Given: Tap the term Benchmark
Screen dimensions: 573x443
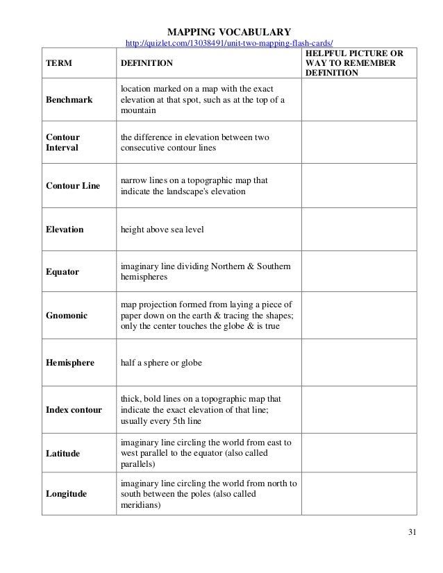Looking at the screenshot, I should tap(69, 100).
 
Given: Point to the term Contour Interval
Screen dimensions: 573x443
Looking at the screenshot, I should tap(62, 142).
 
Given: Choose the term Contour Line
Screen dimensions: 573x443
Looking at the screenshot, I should tap(72, 186).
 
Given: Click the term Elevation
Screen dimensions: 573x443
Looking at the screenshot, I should tap(64, 228).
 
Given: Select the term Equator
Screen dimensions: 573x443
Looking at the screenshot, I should tap(62, 272).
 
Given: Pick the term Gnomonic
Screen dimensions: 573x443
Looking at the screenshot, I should tap(67, 316).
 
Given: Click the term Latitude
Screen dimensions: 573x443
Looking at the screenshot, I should tap(63, 453).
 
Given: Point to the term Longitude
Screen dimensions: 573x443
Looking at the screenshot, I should tap(67, 494).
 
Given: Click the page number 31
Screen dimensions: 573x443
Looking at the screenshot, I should tap(413, 533).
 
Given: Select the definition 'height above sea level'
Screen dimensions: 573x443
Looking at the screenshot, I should tap(162, 228).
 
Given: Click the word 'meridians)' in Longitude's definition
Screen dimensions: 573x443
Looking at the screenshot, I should tap(140, 506).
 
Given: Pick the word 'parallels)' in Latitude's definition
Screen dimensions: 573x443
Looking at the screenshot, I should tap(138, 464).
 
